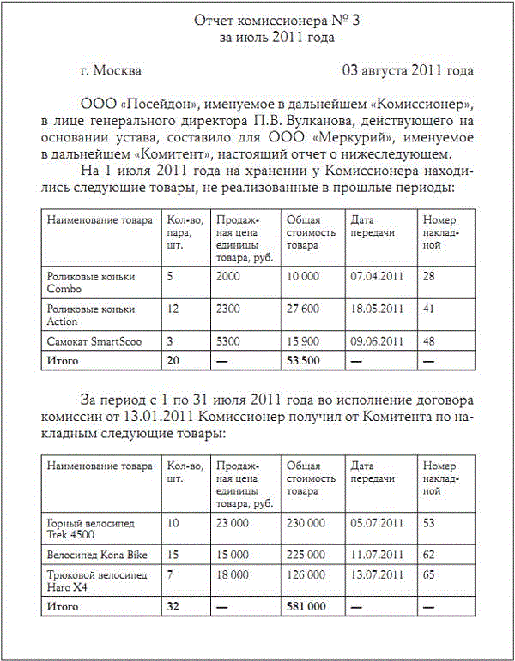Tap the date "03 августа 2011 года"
[408, 70]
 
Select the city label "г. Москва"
[111, 70]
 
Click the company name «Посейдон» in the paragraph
[154, 105]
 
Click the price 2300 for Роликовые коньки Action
[229, 309]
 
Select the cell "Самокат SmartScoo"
[94, 341]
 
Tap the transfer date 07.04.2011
[377, 276]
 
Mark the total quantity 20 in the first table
[173, 360]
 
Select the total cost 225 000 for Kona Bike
[305, 555]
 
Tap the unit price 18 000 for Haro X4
[233, 574]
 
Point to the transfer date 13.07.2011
[377, 574]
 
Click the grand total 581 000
[306, 606]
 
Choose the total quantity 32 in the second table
[173, 606]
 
